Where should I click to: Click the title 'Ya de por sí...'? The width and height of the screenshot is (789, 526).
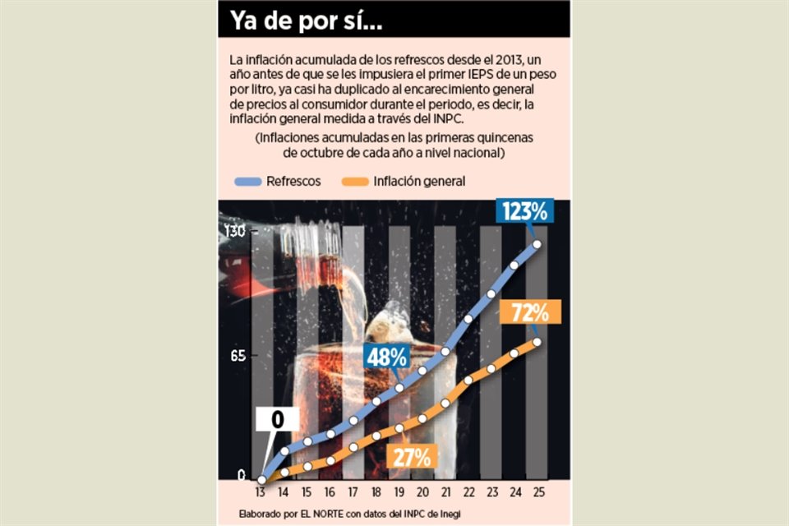(306, 20)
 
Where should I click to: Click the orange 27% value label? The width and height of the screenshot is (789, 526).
(410, 456)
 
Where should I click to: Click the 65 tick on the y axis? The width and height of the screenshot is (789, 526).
(237, 356)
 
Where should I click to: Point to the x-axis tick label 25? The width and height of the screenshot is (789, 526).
(538, 493)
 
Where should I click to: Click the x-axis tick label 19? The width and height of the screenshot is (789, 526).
(399, 493)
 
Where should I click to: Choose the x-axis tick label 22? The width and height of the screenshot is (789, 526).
(468, 493)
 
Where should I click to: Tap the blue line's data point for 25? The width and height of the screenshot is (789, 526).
(538, 243)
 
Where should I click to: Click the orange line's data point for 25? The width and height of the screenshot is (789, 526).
(538, 342)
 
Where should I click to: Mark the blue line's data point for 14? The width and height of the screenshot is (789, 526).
(284, 450)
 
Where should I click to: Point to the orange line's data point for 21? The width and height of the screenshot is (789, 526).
(445, 403)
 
